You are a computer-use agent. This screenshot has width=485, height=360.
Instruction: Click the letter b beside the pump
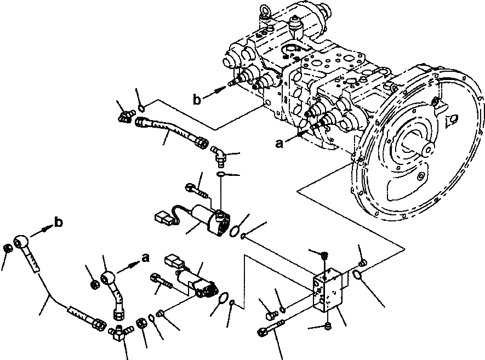(x=198, y=99)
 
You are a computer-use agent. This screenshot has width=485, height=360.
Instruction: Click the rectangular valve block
(x=329, y=290)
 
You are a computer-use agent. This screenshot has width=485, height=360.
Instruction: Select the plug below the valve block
(x=327, y=326)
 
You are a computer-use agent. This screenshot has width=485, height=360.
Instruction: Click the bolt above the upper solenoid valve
(x=196, y=190)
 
